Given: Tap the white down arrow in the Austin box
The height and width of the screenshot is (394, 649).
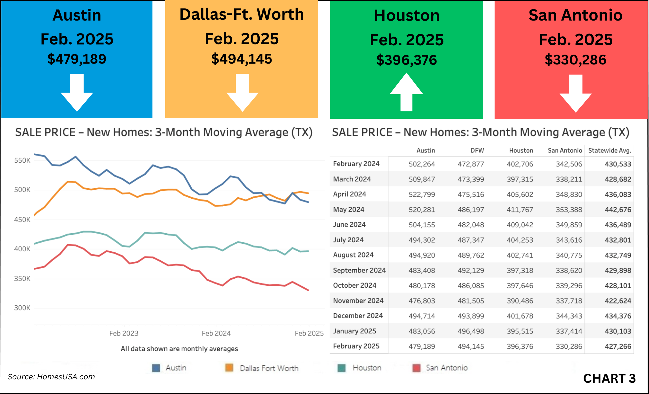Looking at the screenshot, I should [x=77, y=93].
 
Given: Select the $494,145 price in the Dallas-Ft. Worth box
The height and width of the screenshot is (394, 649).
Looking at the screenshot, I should [x=242, y=59].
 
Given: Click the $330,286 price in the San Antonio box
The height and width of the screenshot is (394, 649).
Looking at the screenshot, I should [x=575, y=60].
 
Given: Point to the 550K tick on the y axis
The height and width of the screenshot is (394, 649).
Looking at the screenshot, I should [x=22, y=160].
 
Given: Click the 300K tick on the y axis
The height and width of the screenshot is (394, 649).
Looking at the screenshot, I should [x=22, y=308].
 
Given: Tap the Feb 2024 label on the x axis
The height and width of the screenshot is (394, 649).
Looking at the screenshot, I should [x=216, y=333].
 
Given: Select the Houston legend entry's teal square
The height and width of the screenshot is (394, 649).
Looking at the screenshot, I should [x=341, y=368].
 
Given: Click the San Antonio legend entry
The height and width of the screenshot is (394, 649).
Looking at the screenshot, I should [x=447, y=368].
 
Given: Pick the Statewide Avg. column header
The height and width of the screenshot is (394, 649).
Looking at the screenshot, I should [x=610, y=151].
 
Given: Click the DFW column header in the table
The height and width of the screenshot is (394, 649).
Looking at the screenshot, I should [x=477, y=151].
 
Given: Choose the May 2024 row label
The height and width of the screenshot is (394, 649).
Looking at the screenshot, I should [x=349, y=210].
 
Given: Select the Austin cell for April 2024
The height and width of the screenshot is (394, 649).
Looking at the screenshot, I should [x=422, y=194].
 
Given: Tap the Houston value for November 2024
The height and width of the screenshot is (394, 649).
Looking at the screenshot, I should [x=520, y=301].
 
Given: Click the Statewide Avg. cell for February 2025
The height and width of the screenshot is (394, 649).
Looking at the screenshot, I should [x=618, y=346].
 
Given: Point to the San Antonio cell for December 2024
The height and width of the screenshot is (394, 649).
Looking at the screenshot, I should [x=569, y=316].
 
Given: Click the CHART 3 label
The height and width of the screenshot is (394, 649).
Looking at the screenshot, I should [x=609, y=379].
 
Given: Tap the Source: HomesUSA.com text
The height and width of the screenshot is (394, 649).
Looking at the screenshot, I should [x=51, y=377].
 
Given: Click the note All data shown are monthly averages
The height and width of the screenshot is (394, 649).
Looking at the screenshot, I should [x=179, y=349].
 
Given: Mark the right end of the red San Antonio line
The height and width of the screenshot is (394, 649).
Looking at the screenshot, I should [x=308, y=290].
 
